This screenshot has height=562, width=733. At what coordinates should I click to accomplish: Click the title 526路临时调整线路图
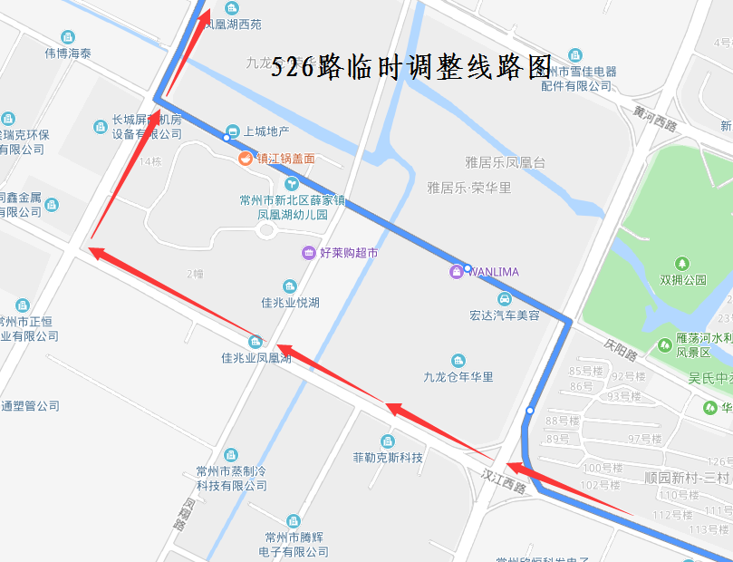point(412,66)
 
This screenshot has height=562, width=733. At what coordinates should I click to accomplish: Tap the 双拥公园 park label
point(683,280)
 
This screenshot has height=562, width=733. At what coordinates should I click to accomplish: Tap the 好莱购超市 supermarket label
point(349,253)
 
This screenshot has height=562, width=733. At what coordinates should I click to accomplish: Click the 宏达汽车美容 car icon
point(505,298)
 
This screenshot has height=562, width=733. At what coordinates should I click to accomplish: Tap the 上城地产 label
point(266,131)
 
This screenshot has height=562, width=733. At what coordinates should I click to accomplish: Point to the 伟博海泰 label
point(68,53)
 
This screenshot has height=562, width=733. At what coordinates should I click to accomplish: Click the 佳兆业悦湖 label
point(290,303)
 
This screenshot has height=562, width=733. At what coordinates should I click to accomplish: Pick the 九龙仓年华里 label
point(458,377)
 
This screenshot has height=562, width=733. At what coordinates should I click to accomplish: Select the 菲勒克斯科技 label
point(388,458)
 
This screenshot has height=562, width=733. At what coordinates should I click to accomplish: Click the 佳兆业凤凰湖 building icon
point(256,341)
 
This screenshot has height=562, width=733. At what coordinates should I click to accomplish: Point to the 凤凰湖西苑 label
point(234,24)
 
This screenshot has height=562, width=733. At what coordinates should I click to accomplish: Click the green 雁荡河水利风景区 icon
point(666,344)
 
